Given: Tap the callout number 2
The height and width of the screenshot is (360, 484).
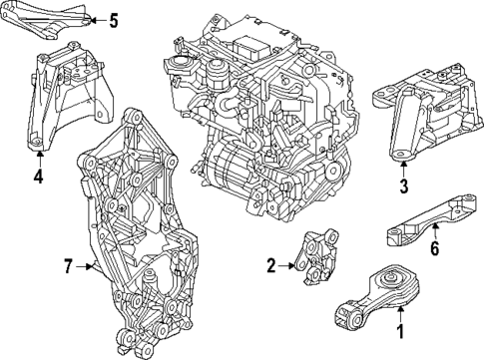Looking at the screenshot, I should coord(270,265).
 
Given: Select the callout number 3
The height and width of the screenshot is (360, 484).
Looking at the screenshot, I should coord(403,184).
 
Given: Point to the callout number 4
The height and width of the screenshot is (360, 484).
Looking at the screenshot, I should coord(37,178).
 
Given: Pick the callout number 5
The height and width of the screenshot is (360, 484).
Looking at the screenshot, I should coord(113,20).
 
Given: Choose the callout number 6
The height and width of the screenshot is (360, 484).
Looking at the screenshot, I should coord(434,250).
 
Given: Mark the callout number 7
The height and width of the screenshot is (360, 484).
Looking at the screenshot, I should coord(69,265).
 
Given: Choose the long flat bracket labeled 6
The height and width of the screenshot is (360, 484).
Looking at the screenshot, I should coord(429,220).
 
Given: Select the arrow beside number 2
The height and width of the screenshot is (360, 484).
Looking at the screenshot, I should coord(286,265).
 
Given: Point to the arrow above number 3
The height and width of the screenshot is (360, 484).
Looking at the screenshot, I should coord(403,166).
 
